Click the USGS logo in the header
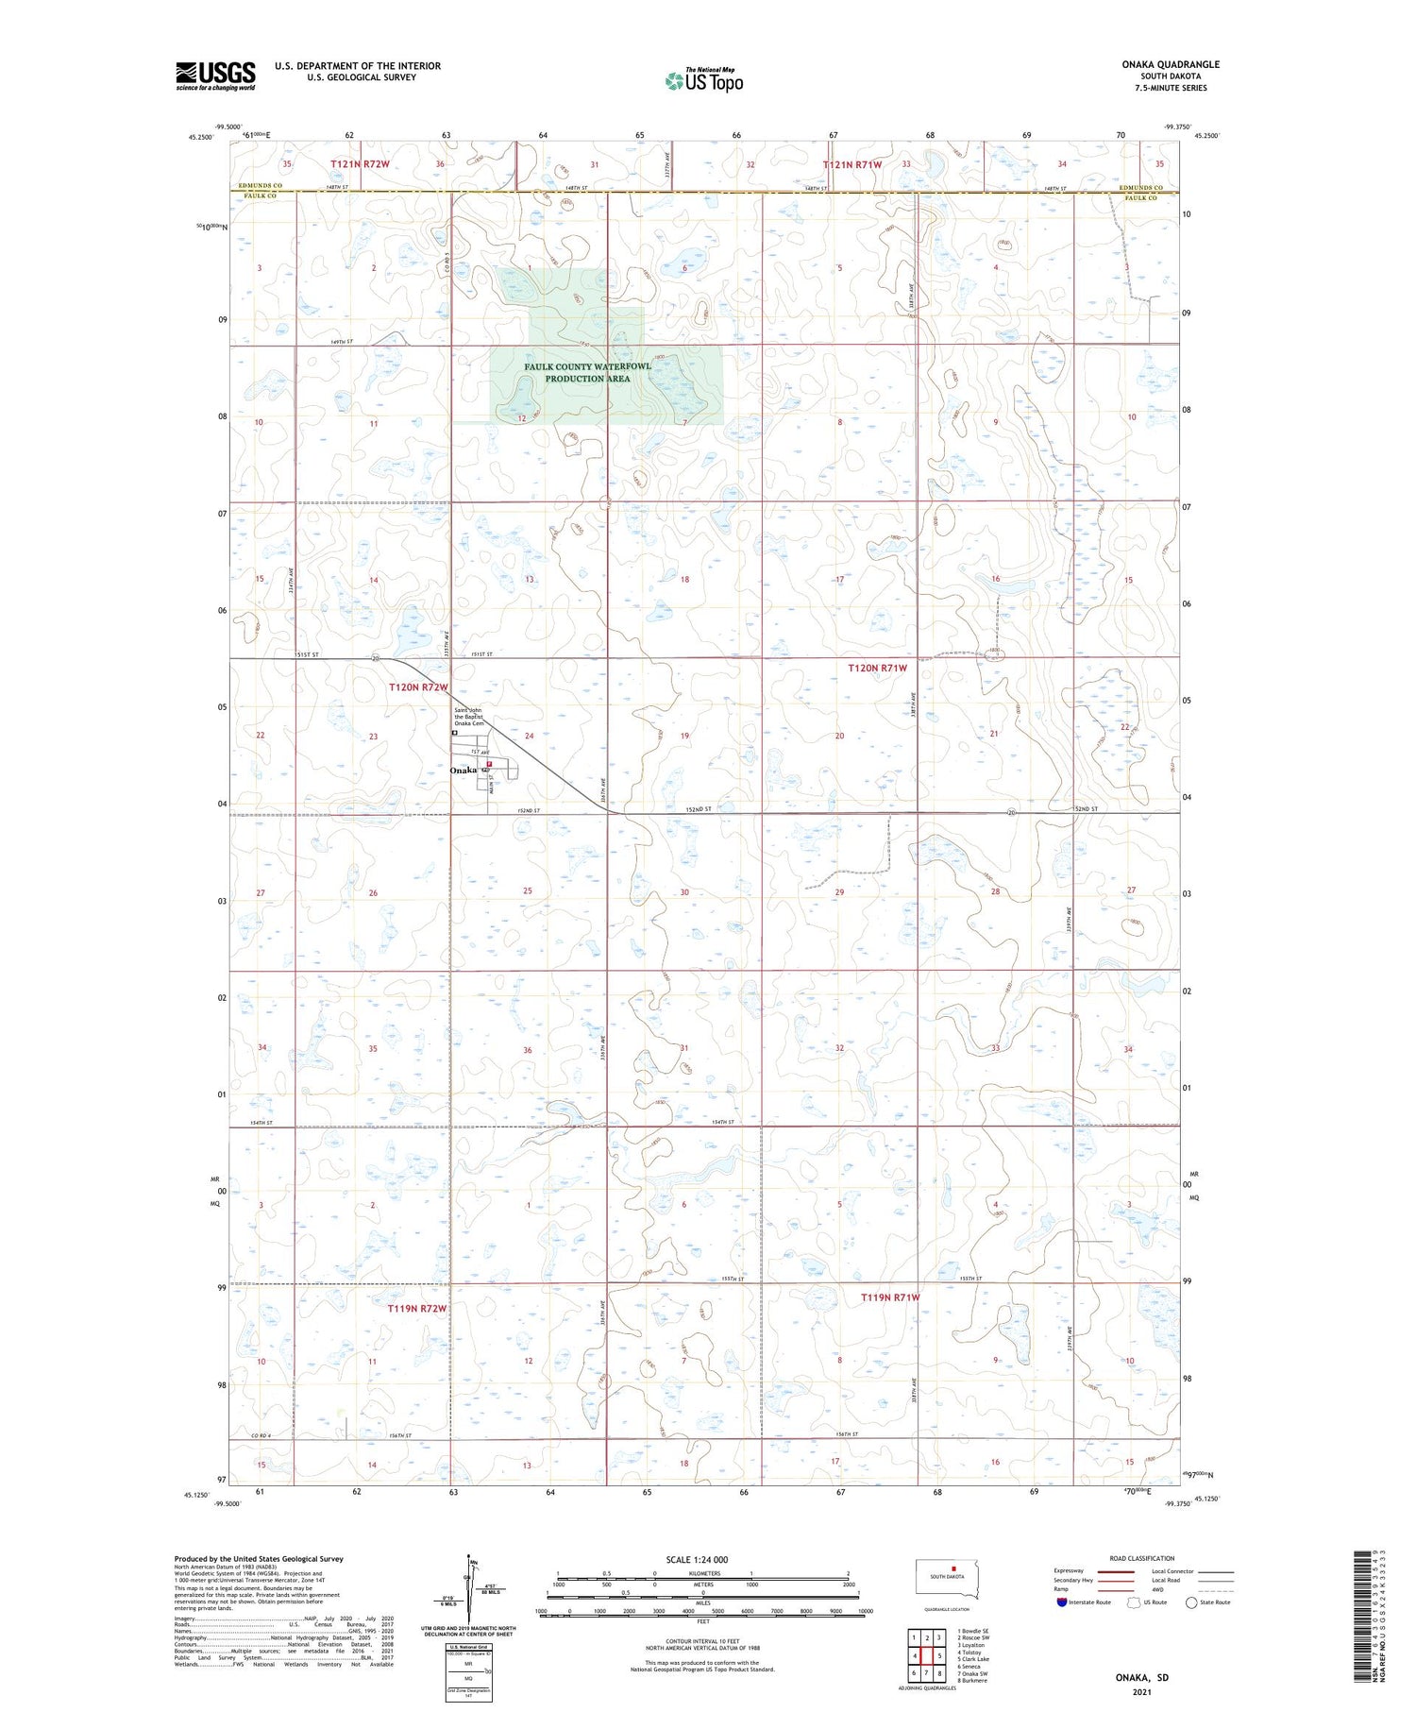[x=215, y=76]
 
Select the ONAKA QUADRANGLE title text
[x=1171, y=64]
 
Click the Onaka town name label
[x=464, y=771]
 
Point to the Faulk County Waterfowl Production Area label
[x=587, y=372]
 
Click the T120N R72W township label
[x=418, y=687]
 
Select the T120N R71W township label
[x=877, y=668]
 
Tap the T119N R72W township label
[x=416, y=1309]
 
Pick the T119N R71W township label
[x=890, y=1297]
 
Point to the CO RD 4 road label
[x=261, y=1435]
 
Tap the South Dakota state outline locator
[x=948, y=1578]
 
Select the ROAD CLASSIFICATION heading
[x=1141, y=1558]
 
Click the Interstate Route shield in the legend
[x=1063, y=1602]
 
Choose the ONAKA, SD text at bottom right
[x=1140, y=1677]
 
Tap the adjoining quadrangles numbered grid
[x=927, y=1655]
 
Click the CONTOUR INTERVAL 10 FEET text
[x=702, y=1641]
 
